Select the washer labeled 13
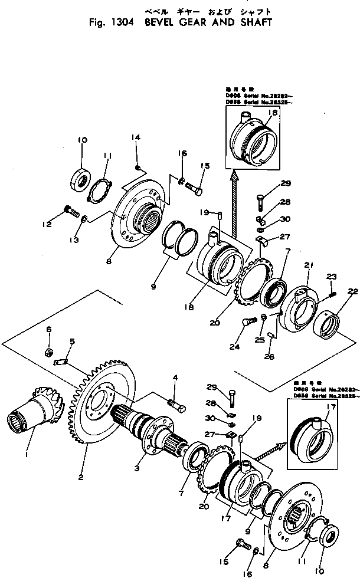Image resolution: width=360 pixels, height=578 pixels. click(x=86, y=219)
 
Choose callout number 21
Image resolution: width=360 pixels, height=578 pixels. click(x=308, y=266)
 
